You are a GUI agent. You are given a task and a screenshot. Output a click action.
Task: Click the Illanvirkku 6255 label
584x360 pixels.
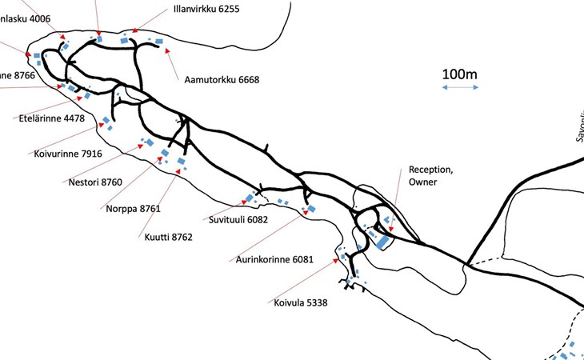click(206, 10)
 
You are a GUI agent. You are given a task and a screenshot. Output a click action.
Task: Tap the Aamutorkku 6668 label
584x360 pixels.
click(222, 79)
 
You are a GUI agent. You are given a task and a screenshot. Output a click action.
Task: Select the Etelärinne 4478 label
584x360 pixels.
click(51, 118)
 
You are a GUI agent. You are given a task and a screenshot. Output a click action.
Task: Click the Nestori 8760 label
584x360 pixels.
click(95, 182)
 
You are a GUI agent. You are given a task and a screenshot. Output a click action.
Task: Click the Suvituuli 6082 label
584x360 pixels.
click(238, 218)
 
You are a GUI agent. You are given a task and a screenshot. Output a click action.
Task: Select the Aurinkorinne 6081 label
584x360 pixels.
click(274, 259)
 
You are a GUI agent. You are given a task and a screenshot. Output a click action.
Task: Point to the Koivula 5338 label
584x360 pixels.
click(301, 302)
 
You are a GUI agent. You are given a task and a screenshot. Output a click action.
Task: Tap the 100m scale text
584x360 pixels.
click(459, 74)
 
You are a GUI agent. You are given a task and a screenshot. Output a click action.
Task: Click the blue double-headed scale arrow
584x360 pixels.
click(460, 87)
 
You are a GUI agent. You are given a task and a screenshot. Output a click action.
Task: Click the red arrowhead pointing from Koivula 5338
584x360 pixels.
click(339, 258)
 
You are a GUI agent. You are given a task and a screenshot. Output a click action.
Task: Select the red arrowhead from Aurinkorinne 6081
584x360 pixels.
click(306, 213)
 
